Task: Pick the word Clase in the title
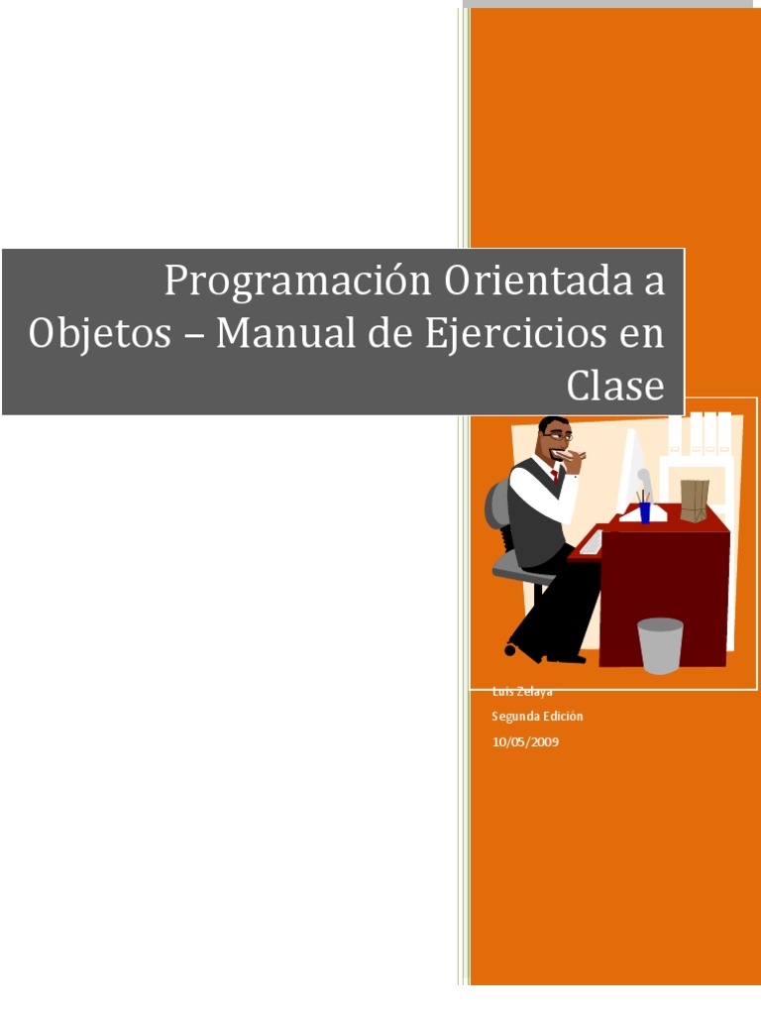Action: [x=614, y=386]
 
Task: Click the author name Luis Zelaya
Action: [x=521, y=692]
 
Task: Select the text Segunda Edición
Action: [x=537, y=716]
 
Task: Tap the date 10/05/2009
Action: [x=525, y=741]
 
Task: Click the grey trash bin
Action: [x=660, y=645]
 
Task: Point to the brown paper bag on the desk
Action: [x=694, y=501]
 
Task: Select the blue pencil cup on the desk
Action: [x=644, y=511]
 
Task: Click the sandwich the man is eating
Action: [x=572, y=456]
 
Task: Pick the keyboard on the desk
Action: [x=592, y=542]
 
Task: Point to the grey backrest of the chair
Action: [x=497, y=505]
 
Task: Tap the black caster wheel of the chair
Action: [x=510, y=650]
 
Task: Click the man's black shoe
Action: [x=570, y=656]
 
